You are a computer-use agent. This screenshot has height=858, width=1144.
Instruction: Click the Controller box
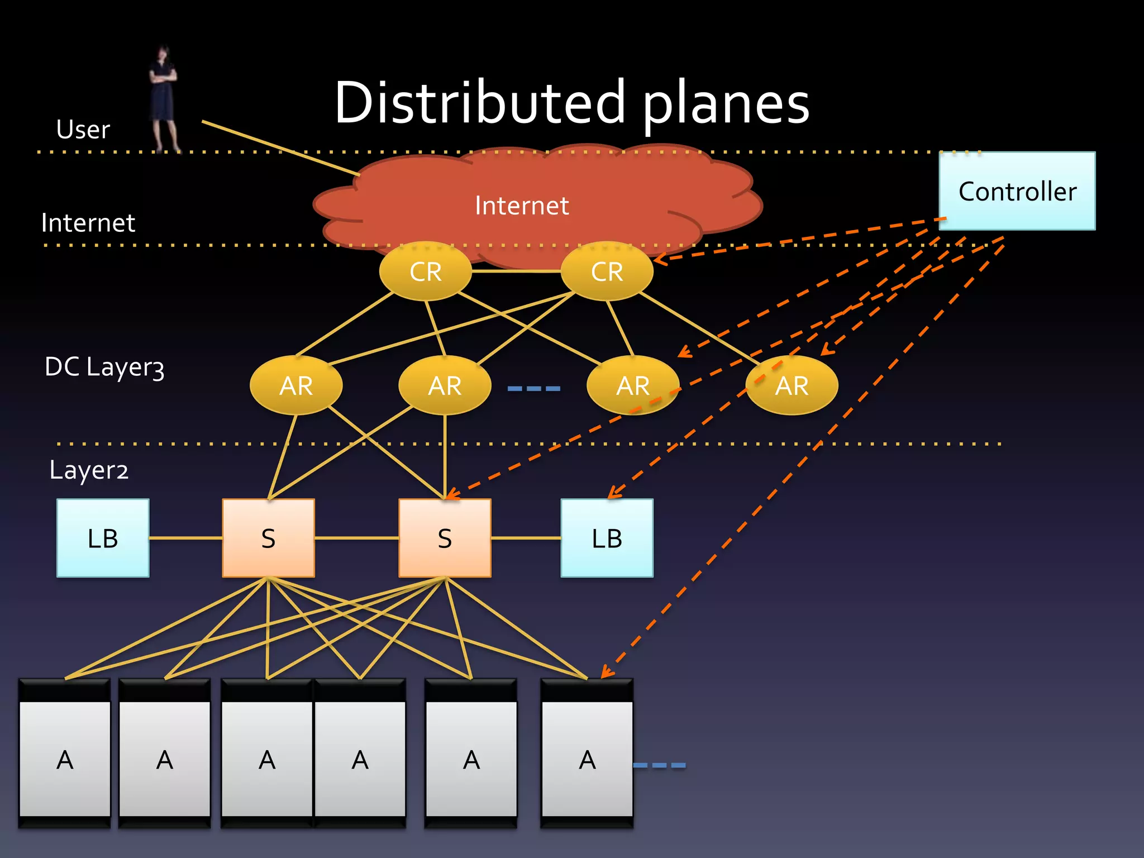click(x=1017, y=191)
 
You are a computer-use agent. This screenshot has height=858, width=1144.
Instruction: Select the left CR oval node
click(x=425, y=271)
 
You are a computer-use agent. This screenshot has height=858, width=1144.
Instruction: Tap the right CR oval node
click(x=607, y=271)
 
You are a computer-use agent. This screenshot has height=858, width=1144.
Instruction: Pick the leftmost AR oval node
click(x=296, y=385)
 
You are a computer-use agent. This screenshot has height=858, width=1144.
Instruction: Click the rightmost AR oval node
click(x=792, y=385)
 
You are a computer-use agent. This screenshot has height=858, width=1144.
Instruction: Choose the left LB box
click(x=103, y=538)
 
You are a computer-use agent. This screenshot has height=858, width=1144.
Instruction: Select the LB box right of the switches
click(x=607, y=538)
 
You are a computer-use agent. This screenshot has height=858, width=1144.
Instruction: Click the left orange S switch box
click(x=268, y=538)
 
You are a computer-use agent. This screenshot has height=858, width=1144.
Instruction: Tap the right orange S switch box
click(x=445, y=538)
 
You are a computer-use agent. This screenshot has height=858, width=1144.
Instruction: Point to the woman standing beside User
click(x=163, y=98)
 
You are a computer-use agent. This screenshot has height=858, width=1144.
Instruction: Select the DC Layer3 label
click(x=104, y=367)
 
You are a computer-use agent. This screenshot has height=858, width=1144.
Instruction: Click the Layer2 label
click(x=89, y=470)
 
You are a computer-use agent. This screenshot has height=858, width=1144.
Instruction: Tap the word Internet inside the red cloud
click(x=522, y=206)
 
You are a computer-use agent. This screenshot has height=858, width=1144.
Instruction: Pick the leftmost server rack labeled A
click(x=65, y=754)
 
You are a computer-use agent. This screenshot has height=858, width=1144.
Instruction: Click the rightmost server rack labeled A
click(x=587, y=754)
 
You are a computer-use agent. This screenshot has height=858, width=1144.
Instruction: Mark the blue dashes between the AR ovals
click(x=533, y=388)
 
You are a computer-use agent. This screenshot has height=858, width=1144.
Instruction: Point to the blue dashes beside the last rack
click(x=660, y=765)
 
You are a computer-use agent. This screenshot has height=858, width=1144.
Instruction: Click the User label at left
click(x=83, y=130)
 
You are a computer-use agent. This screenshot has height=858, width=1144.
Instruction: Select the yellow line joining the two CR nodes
click(x=516, y=271)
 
